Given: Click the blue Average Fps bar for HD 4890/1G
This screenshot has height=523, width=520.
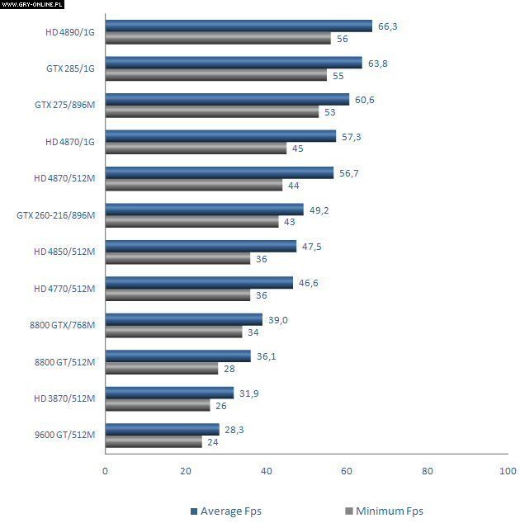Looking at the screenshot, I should pyautogui.click(x=239, y=26).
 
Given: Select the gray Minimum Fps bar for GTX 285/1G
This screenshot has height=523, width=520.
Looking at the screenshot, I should pyautogui.click(x=217, y=75).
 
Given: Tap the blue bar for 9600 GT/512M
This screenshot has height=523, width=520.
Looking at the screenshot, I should pyautogui.click(x=163, y=429).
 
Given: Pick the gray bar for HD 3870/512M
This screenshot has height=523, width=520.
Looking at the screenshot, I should pyautogui.click(x=158, y=405).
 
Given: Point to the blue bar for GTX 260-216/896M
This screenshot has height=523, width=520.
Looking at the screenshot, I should pyautogui.click(x=205, y=210).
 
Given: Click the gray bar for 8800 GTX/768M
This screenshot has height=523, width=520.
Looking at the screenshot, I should pyautogui.click(x=174, y=332).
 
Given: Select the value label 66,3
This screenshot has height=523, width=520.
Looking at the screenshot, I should pyautogui.click(x=388, y=26).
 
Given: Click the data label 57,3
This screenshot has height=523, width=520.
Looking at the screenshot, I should pyautogui.click(x=352, y=136).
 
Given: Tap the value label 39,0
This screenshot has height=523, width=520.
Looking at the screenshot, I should pyautogui.click(x=277, y=319).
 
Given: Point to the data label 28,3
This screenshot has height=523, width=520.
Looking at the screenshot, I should pyautogui.click(x=234, y=429).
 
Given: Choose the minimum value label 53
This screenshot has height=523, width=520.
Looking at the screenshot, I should pyautogui.click(x=330, y=112).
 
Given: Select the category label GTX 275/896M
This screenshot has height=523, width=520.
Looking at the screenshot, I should pyautogui.click(x=65, y=106).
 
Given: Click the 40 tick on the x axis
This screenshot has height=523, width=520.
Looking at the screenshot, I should pyautogui.click(x=266, y=471).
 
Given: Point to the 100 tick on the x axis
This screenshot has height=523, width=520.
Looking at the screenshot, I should pyautogui.click(x=508, y=471).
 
